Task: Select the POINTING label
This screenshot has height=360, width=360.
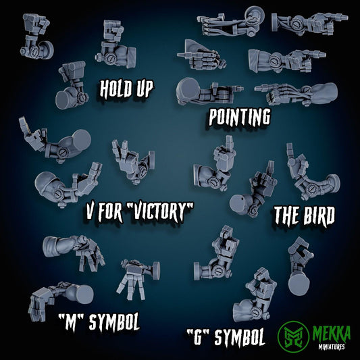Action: (240, 117)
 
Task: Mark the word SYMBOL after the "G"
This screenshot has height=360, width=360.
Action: (238, 337)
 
